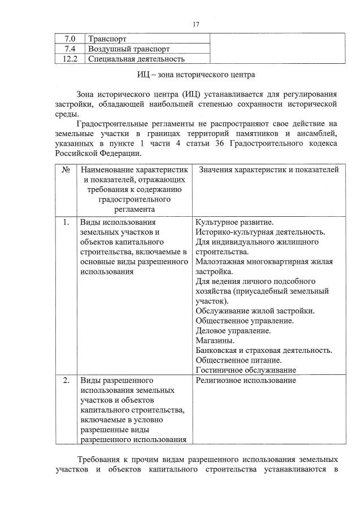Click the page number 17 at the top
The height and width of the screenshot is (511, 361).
tap(195, 24)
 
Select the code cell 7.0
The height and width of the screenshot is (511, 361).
tap(71, 39)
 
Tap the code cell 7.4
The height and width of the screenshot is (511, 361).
tap(71, 49)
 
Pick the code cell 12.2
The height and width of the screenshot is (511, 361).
tap(71, 58)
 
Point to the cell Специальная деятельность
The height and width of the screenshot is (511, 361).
tap(136, 58)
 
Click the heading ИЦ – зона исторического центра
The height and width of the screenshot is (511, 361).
tap(196, 74)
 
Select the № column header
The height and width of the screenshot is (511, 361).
tap(66, 170)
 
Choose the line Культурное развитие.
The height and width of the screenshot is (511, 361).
tap(234, 222)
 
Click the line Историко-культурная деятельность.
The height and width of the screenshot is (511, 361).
tap(260, 232)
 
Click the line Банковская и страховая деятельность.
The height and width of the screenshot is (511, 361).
tap(264, 350)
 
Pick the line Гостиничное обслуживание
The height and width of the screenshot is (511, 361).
tap(246, 370)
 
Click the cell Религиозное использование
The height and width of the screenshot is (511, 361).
tap(246, 381)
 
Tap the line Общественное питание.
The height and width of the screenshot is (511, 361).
tap(238, 360)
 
